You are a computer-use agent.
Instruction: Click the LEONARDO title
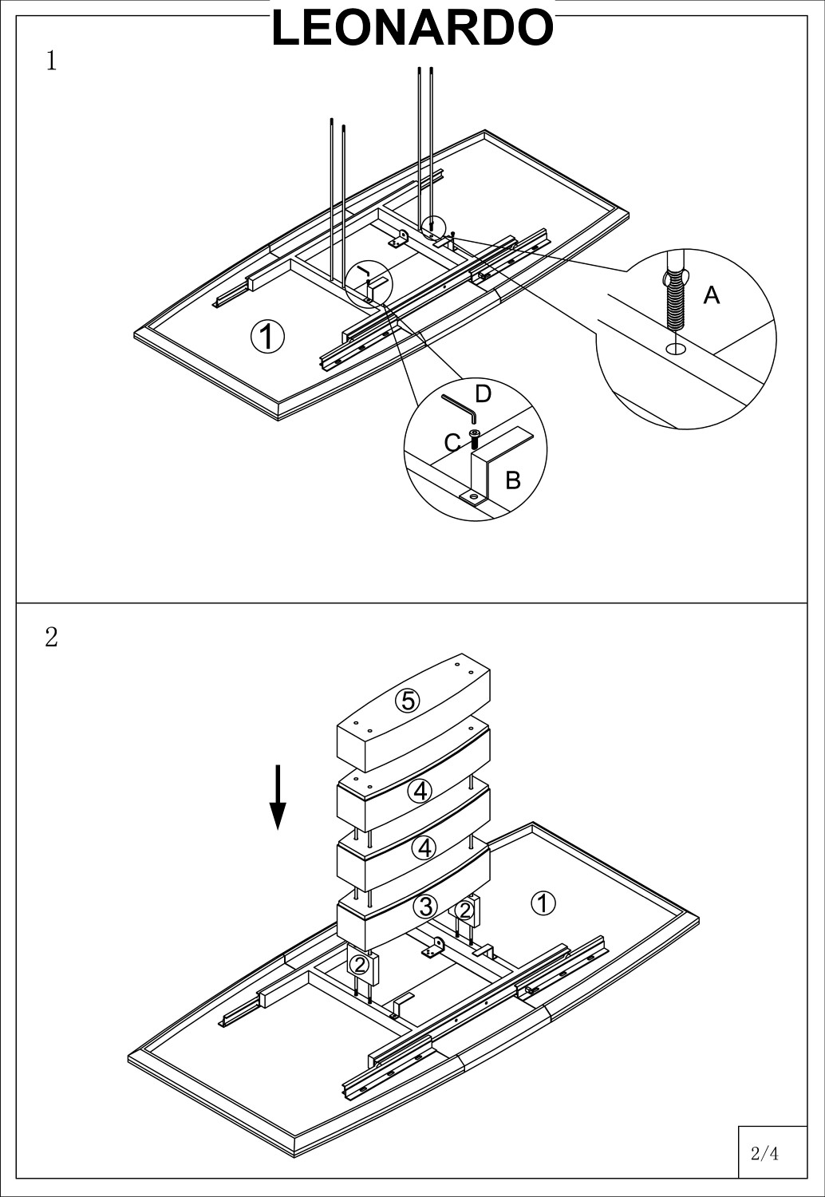pyautogui.click(x=412, y=28)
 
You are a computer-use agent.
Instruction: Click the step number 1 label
pyautogui.click(x=51, y=61)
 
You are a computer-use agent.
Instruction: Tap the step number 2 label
pyautogui.click(x=51, y=638)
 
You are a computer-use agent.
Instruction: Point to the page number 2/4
pyautogui.click(x=764, y=1153)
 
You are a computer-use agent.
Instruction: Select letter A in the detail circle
pyautogui.click(x=711, y=296)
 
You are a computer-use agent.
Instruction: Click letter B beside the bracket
pyautogui.click(x=513, y=480)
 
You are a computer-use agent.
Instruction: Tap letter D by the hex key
pyautogui.click(x=483, y=393)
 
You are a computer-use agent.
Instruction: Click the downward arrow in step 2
pyautogui.click(x=277, y=797)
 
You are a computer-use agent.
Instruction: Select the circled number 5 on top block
pyautogui.click(x=408, y=701)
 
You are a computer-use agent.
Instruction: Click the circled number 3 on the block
pyautogui.click(x=425, y=907)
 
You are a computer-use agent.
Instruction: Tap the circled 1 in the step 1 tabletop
pyautogui.click(x=267, y=336)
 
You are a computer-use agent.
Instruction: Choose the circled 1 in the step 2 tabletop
pyautogui.click(x=543, y=903)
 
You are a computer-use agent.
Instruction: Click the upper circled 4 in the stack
pyautogui.click(x=420, y=791)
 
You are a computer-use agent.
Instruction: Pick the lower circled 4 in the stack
pyautogui.click(x=424, y=847)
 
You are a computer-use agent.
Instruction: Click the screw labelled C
pyautogui.click(x=475, y=438)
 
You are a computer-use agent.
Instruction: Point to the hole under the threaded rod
pyautogui.click(x=675, y=348)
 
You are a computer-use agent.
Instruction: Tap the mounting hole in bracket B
pyautogui.click(x=474, y=497)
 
